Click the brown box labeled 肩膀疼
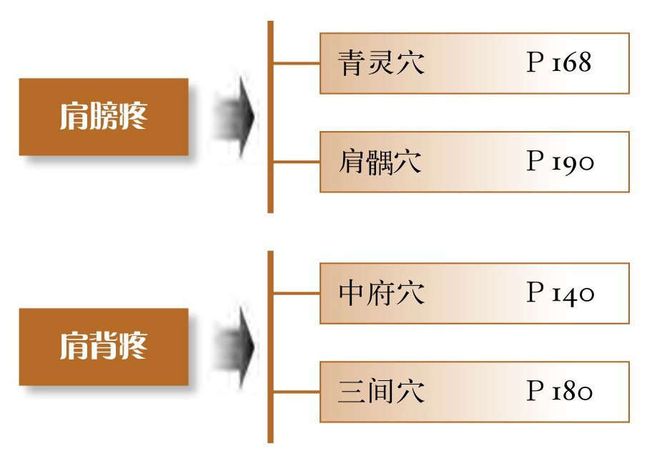point(104,117)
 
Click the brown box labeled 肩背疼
point(104,347)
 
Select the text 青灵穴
point(381,64)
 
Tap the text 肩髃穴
point(381,163)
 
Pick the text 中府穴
point(381,294)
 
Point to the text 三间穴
point(381,392)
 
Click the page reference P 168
point(559,63)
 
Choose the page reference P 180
point(560,392)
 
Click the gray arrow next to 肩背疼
point(236,347)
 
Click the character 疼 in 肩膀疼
point(133,117)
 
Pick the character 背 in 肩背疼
point(104,347)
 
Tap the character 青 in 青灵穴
point(352,64)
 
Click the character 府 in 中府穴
point(381,294)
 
